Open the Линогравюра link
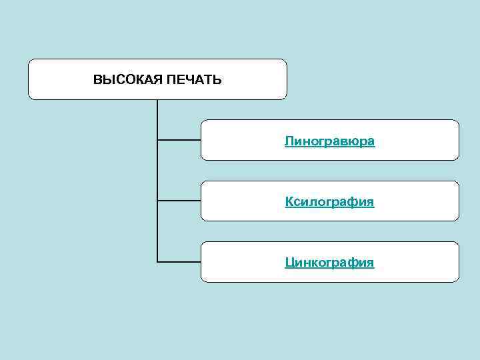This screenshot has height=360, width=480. click(329, 141)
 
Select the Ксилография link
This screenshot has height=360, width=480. click(329, 202)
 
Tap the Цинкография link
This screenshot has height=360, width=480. click(329, 263)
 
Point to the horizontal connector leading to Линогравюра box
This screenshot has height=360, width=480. click(179, 140)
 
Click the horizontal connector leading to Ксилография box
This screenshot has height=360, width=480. click(179, 200)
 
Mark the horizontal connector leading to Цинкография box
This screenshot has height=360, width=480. click(179, 261)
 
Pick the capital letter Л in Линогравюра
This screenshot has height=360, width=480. click(289, 141)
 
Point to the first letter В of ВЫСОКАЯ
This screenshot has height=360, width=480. click(97, 80)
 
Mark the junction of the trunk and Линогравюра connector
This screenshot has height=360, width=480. click(157, 140)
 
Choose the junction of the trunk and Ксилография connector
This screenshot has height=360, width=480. click(157, 200)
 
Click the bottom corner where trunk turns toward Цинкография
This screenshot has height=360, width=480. click(157, 261)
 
